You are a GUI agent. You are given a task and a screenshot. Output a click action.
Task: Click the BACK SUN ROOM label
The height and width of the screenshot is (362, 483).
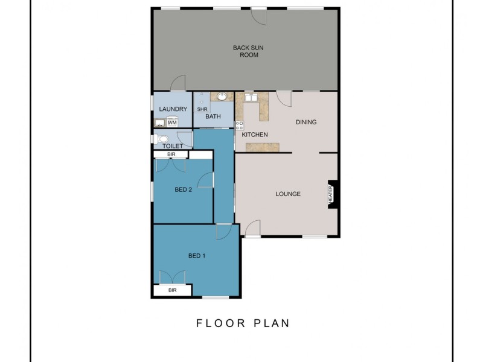[245, 51]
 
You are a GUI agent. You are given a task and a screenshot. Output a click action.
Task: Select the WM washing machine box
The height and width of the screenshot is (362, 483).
[172, 123]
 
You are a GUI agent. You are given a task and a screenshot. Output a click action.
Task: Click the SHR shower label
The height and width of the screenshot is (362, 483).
[202, 109]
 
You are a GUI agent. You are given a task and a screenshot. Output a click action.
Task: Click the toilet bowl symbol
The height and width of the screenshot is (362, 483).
[162, 139]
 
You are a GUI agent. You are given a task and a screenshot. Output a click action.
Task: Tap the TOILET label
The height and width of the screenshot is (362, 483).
[172, 146]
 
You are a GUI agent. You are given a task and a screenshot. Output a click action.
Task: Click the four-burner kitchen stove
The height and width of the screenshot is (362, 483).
[239, 126]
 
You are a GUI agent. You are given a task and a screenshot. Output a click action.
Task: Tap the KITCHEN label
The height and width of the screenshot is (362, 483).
[255, 135]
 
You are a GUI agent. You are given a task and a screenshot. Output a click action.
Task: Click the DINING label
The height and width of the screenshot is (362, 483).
[305, 122]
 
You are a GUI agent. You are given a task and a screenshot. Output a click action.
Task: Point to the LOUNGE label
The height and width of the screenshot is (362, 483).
[288, 194]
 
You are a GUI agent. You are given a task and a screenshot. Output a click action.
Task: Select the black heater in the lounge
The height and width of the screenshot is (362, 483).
[331, 194]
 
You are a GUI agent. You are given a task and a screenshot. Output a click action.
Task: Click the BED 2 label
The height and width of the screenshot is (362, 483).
[183, 189]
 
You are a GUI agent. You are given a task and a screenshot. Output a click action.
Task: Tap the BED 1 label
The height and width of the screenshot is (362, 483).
[197, 256]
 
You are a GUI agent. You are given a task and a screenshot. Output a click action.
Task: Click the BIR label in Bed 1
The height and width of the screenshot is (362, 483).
[172, 290]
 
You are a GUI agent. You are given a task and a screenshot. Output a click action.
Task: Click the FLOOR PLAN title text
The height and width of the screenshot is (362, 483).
[243, 323]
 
